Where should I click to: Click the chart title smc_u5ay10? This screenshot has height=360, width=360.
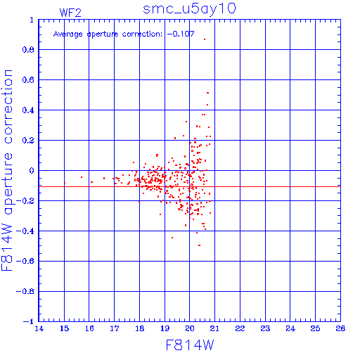[x=189, y=8]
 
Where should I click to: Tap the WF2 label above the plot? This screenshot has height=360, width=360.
[x=70, y=13]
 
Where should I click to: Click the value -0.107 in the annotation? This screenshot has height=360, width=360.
[x=181, y=34]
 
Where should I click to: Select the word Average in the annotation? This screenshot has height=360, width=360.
[x=68, y=34]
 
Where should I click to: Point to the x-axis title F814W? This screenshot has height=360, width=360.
[x=190, y=345]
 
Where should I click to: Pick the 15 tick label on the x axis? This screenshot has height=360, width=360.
[x=64, y=328]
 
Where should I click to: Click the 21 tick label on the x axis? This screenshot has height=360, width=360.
[x=214, y=328]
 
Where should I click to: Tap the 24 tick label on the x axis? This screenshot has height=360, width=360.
[x=290, y=328]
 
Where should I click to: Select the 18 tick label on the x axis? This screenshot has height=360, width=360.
[x=140, y=328]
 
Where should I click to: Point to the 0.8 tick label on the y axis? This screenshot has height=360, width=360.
[x=28, y=50]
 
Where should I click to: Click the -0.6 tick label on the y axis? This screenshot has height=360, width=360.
[x=25, y=261]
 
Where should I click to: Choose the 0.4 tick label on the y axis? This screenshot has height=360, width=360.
[x=28, y=110]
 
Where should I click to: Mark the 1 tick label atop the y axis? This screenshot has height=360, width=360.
[x=32, y=20]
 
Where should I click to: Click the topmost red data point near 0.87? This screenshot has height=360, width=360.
[x=205, y=39]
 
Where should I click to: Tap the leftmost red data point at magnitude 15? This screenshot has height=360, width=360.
[x=65, y=183]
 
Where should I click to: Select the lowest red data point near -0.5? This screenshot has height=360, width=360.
[x=199, y=245]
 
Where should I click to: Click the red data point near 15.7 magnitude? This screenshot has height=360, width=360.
[x=82, y=177]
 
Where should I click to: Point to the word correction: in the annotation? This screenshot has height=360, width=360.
[x=142, y=34]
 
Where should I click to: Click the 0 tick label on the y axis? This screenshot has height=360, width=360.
[x=32, y=171]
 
